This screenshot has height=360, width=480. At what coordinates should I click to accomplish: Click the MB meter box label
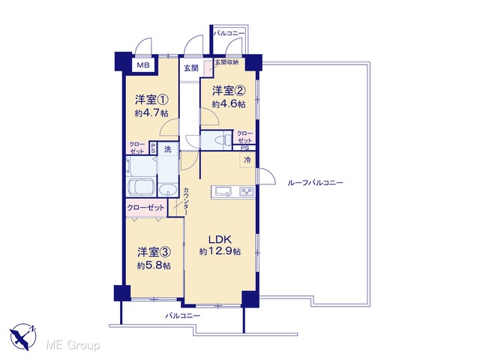click(143, 65)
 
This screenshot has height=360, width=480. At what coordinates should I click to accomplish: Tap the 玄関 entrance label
click(191, 68)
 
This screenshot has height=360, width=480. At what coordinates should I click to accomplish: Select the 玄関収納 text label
click(226, 62)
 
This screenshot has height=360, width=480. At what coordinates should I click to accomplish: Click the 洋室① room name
click(152, 100)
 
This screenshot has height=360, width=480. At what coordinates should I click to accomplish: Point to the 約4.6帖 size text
click(229, 104)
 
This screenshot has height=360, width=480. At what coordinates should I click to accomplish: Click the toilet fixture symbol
click(223, 140)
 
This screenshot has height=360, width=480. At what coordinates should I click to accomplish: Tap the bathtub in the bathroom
click(139, 187)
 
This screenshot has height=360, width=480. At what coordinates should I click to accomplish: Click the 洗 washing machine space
click(168, 149)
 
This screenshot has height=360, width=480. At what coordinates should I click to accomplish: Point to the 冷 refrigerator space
click(247, 160)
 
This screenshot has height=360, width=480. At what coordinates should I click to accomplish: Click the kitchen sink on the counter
click(223, 192)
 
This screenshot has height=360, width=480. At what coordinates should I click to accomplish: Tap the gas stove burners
click(247, 192)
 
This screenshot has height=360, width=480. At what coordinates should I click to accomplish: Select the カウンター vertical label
click(186, 201)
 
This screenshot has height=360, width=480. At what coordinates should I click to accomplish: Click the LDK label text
click(220, 239)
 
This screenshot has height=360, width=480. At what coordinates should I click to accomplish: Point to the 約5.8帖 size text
click(154, 265)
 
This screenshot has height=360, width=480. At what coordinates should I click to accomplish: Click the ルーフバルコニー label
click(315, 183)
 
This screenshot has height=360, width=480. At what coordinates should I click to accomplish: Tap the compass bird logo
click(23, 337)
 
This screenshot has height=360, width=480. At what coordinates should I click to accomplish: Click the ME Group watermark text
click(73, 346)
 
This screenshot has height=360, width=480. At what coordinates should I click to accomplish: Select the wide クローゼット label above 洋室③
click(145, 208)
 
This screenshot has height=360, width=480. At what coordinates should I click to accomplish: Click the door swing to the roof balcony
click(267, 176)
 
